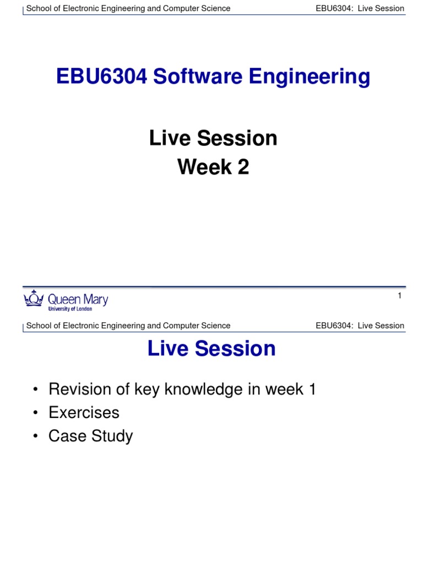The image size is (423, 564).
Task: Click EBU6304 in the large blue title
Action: point(102,77)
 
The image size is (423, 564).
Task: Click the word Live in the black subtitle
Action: point(167,138)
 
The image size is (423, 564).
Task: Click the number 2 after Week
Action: point(243,166)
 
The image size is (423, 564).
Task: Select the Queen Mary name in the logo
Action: point(78,299)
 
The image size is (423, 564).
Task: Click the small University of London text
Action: point(70,310)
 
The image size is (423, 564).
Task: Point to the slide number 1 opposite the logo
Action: point(399,296)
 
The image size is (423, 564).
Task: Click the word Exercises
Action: point(84,413)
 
